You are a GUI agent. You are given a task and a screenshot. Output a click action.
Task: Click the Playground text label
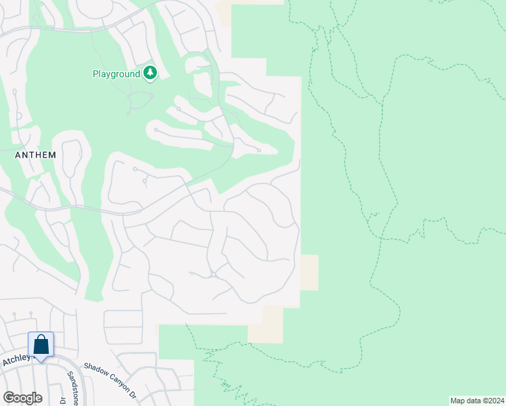tap(116, 73)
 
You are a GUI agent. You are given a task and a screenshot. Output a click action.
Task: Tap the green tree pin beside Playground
tap(149, 73)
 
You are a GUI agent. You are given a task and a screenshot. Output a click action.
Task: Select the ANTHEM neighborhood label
tap(35, 155)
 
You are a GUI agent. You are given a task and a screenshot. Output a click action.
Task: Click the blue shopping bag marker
tap(41, 345)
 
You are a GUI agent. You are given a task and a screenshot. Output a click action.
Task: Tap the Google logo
tap(22, 398)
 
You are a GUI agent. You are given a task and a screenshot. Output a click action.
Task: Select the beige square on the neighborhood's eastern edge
tap(309, 273)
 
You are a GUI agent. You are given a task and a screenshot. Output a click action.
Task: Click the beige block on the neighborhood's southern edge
tap(265, 324)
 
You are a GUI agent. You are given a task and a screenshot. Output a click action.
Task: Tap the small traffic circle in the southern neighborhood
tap(212, 274)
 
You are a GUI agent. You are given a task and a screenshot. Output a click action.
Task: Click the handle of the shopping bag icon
tap(41, 338)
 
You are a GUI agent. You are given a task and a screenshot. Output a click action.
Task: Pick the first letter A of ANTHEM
tap(18, 155)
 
